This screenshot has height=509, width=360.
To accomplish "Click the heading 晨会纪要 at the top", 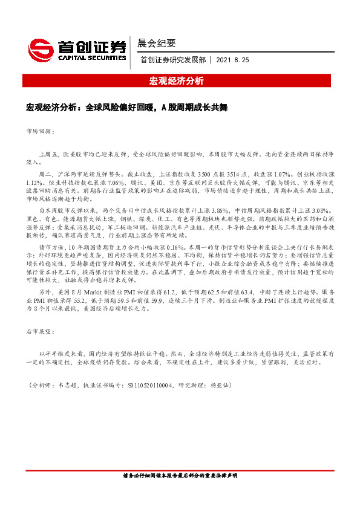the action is [157, 43].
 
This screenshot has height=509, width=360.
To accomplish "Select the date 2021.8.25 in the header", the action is [232, 60].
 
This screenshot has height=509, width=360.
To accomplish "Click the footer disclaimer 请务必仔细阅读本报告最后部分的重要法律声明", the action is [180, 476].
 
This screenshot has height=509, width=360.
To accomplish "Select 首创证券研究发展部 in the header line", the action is [172, 60].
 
